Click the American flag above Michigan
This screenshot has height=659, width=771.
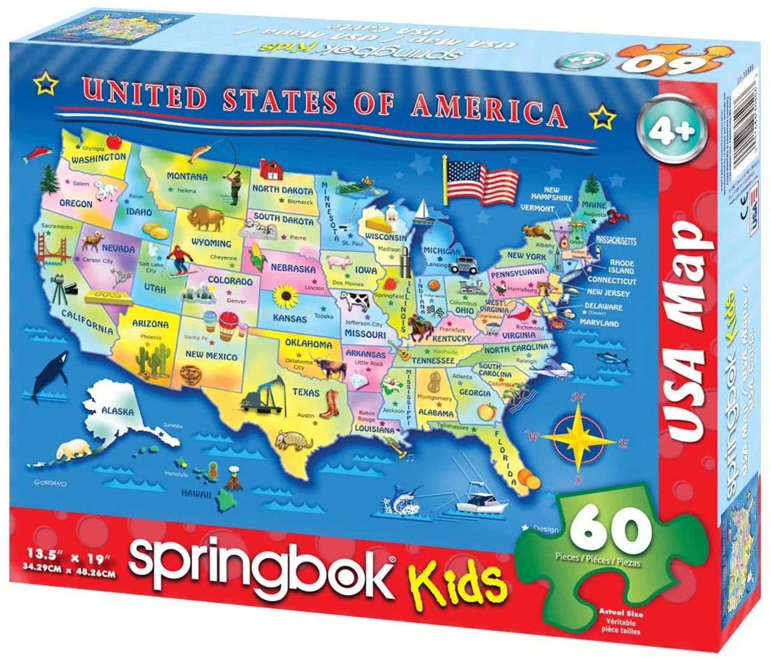[x=480, y=179]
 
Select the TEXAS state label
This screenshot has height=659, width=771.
[x=306, y=392]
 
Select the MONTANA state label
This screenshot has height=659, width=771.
[x=187, y=176]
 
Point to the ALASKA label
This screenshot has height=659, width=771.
[x=118, y=412]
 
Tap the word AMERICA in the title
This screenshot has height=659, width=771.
[x=489, y=109]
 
